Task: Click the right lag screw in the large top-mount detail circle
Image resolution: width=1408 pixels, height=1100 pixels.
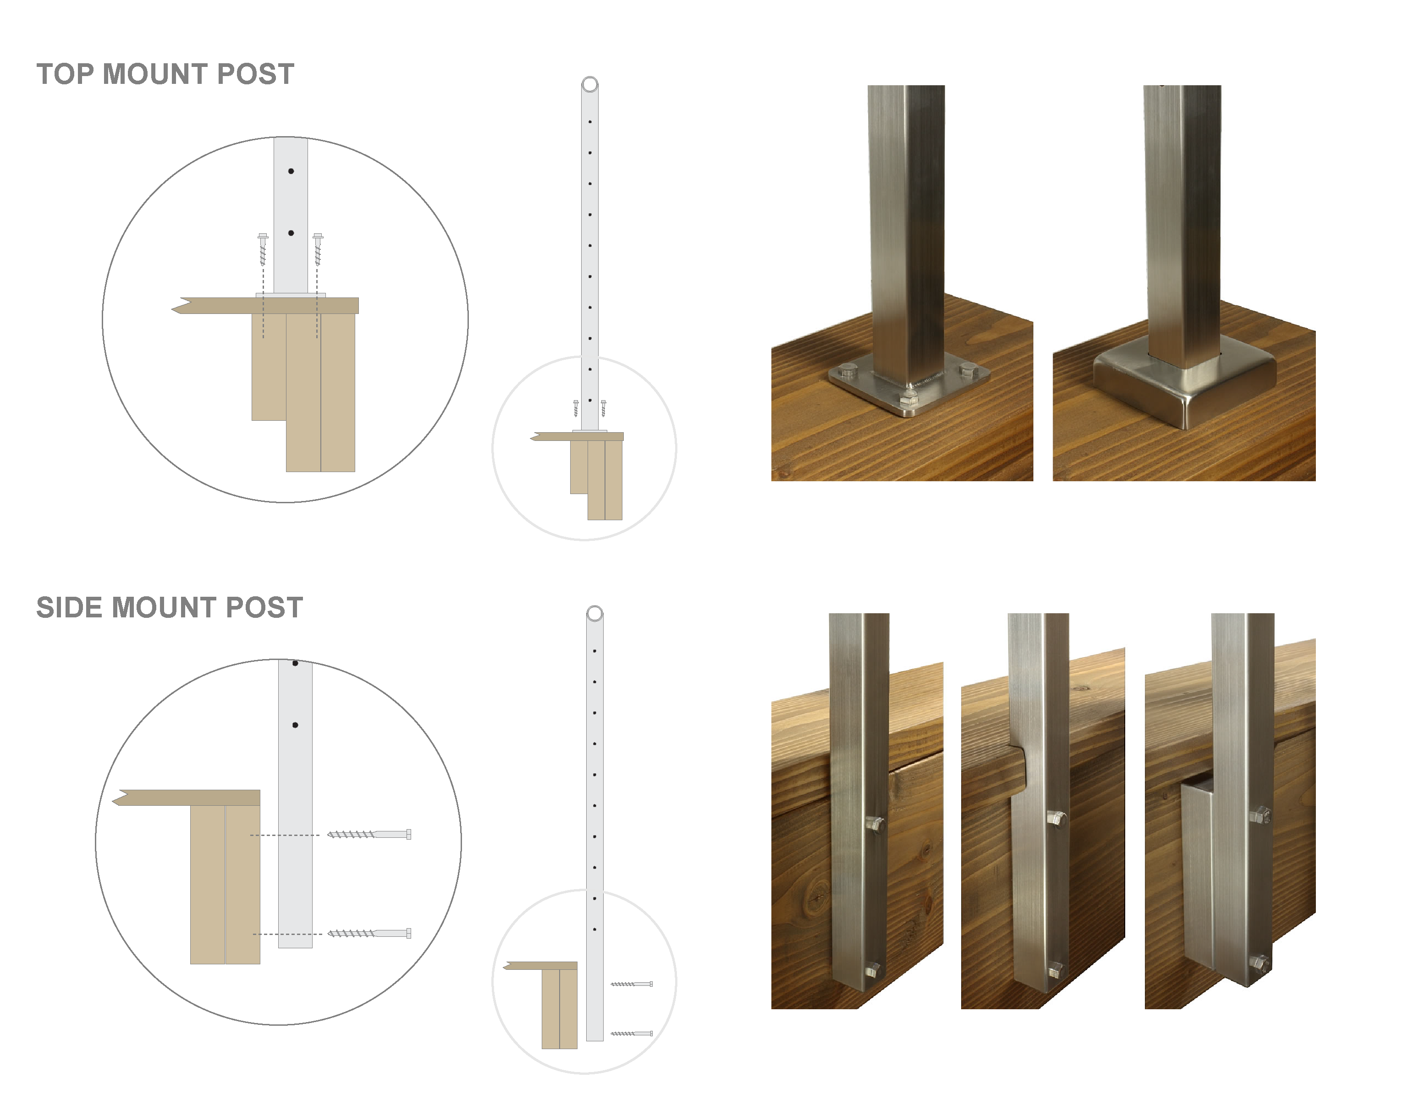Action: coord(318,249)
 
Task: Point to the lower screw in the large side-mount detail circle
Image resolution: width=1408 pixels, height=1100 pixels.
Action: coord(369,933)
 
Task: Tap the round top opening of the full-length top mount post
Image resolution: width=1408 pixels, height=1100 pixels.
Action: coord(590,84)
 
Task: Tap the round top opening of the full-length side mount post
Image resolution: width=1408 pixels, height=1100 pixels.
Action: coord(595,613)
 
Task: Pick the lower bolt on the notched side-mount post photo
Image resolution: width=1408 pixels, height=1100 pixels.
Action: coord(1056,969)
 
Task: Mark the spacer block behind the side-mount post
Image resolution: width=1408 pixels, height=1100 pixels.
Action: coord(1198,870)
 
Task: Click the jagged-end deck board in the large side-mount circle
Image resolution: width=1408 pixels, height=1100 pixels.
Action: coord(187,797)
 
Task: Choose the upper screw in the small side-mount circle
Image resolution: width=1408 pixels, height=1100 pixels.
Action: coord(632,984)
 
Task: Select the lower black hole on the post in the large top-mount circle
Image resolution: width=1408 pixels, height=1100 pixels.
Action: coord(291,233)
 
